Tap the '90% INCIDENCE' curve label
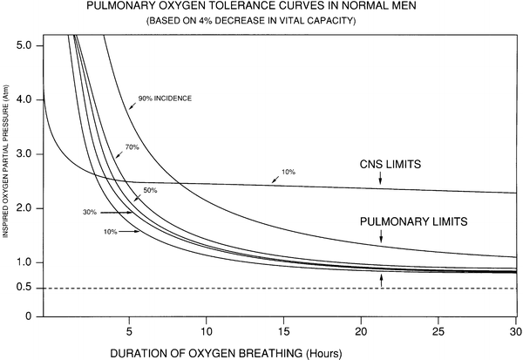point(166,98)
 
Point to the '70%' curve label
point(132,148)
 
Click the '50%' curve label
point(150,189)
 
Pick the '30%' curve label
point(88,211)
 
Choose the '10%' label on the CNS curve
point(289,173)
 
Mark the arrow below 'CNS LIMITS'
point(381,179)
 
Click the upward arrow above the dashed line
point(381,279)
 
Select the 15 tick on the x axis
point(284,331)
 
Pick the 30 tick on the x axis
point(514,331)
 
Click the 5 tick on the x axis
point(129,331)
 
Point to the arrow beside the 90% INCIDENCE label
point(132,104)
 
